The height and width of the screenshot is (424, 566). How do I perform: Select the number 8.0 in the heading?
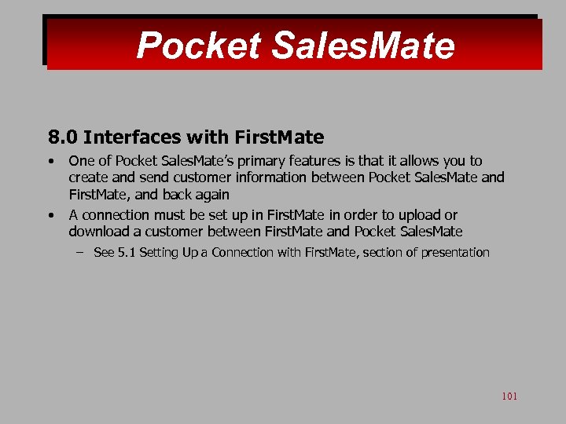click(62, 138)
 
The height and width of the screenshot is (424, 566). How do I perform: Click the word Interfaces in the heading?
click(132, 138)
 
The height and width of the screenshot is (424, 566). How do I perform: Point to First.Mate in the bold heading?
click(276, 138)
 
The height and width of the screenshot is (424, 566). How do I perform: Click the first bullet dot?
click(50, 161)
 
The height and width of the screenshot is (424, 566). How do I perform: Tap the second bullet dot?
click(50, 215)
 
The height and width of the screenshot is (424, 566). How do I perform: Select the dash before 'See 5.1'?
click(80, 253)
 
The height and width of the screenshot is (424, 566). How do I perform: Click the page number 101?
click(509, 397)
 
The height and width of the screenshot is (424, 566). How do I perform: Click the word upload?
click(420, 215)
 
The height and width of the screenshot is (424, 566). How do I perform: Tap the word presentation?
click(455, 253)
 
